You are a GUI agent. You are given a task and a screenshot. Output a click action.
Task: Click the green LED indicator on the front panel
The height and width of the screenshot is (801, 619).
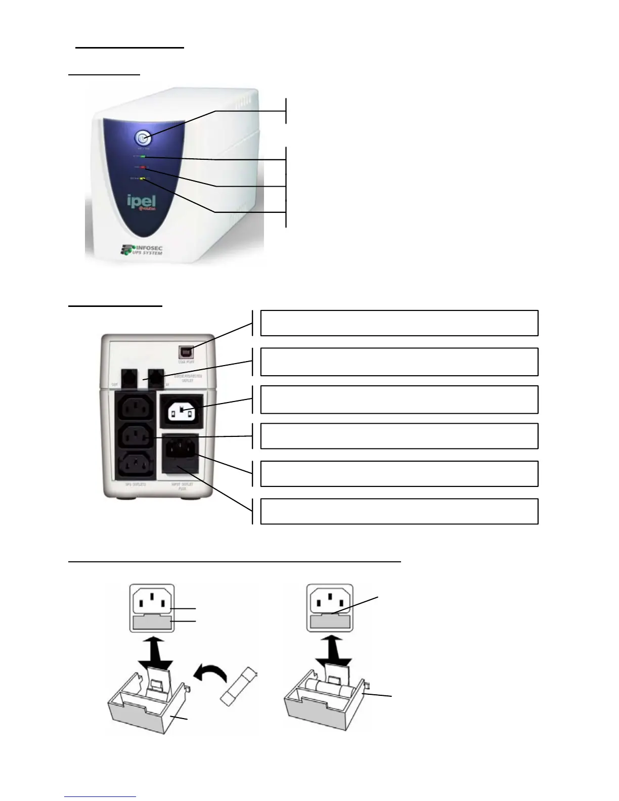coord(143,157)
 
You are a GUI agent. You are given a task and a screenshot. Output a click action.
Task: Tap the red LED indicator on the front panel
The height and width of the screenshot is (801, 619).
coord(143,166)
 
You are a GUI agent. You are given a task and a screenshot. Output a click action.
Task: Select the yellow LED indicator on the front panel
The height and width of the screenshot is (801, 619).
coord(143,178)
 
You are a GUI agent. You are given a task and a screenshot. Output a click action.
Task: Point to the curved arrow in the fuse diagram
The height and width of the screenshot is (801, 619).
coord(209,670)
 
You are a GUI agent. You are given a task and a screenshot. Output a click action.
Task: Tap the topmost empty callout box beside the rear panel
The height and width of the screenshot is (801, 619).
coord(399,323)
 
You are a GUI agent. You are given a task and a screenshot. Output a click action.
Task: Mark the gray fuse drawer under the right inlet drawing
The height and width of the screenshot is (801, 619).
coord(330,621)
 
